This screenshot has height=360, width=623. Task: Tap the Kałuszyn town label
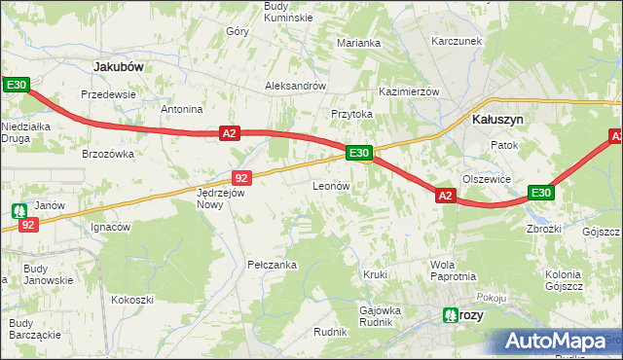pos(497,119)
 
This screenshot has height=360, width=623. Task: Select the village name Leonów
pos(331,185)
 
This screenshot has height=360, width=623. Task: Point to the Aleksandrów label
pos(295,86)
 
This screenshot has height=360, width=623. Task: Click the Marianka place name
pos(358,43)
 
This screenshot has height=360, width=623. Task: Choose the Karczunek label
pos(458,42)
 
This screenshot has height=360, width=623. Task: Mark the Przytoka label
pos(351,114)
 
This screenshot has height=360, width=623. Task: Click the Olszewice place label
pos(487,179)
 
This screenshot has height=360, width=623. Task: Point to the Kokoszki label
pos(132,300)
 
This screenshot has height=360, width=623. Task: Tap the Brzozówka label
pos(107,154)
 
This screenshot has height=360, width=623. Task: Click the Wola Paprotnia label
pos(453,270)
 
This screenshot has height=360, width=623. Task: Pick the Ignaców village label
pos(110,228)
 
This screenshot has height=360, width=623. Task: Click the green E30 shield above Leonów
pos(358,153)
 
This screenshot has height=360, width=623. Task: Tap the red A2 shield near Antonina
pos(229,133)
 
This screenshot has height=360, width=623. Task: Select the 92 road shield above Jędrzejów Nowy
pos(243,177)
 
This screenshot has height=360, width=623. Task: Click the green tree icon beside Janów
pos(19,209)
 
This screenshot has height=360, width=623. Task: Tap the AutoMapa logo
pos(558,342)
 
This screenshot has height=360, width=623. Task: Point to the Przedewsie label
pos(108,94)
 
